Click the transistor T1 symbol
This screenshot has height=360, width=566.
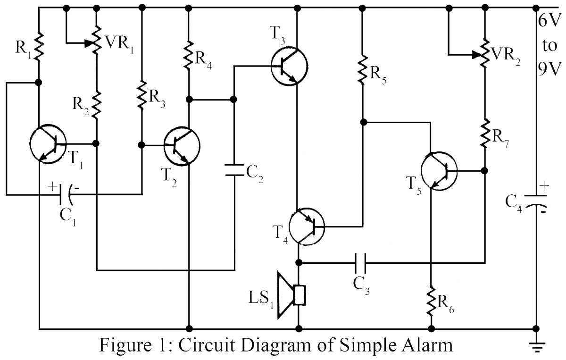coord(48,144)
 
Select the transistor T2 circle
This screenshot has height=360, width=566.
coord(182,146)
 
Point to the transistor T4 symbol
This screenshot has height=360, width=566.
coord(307,226)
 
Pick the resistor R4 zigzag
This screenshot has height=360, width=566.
coord(189,54)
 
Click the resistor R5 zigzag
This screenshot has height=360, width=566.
coord(362,69)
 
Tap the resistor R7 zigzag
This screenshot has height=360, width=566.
coord(485,133)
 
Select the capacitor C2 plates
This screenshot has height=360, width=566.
coord(234,170)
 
